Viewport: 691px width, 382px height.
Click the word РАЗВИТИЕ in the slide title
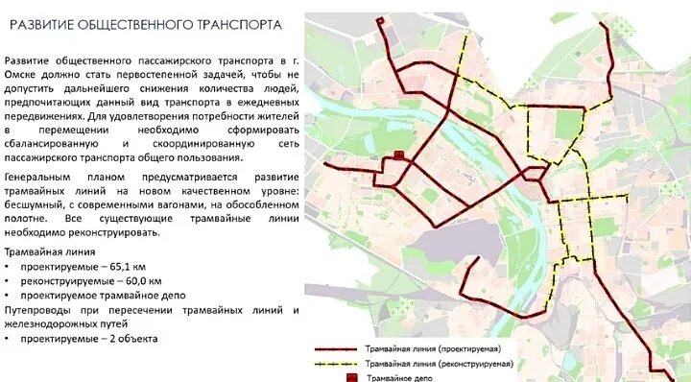[x=46, y=23]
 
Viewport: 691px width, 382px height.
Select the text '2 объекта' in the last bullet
[x=130, y=339]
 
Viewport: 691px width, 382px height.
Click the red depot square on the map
[x=398, y=155]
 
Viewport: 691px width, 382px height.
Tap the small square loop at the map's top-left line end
[x=381, y=22]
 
